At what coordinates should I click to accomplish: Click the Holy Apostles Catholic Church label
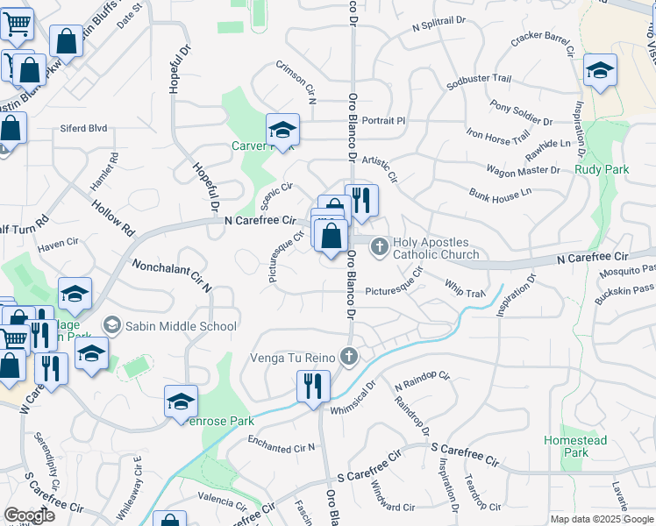(431, 249)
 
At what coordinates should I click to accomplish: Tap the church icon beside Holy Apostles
(380, 246)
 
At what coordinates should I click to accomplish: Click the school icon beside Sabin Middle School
(111, 326)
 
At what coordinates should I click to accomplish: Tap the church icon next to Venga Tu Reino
(349, 355)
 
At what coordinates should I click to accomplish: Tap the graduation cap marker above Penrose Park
(181, 402)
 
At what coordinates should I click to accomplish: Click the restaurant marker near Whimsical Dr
(312, 386)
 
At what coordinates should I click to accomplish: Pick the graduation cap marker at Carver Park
(283, 131)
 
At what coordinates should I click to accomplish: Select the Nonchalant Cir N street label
(172, 274)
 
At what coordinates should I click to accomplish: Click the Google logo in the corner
(29, 515)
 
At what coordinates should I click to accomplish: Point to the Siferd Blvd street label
(83, 128)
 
